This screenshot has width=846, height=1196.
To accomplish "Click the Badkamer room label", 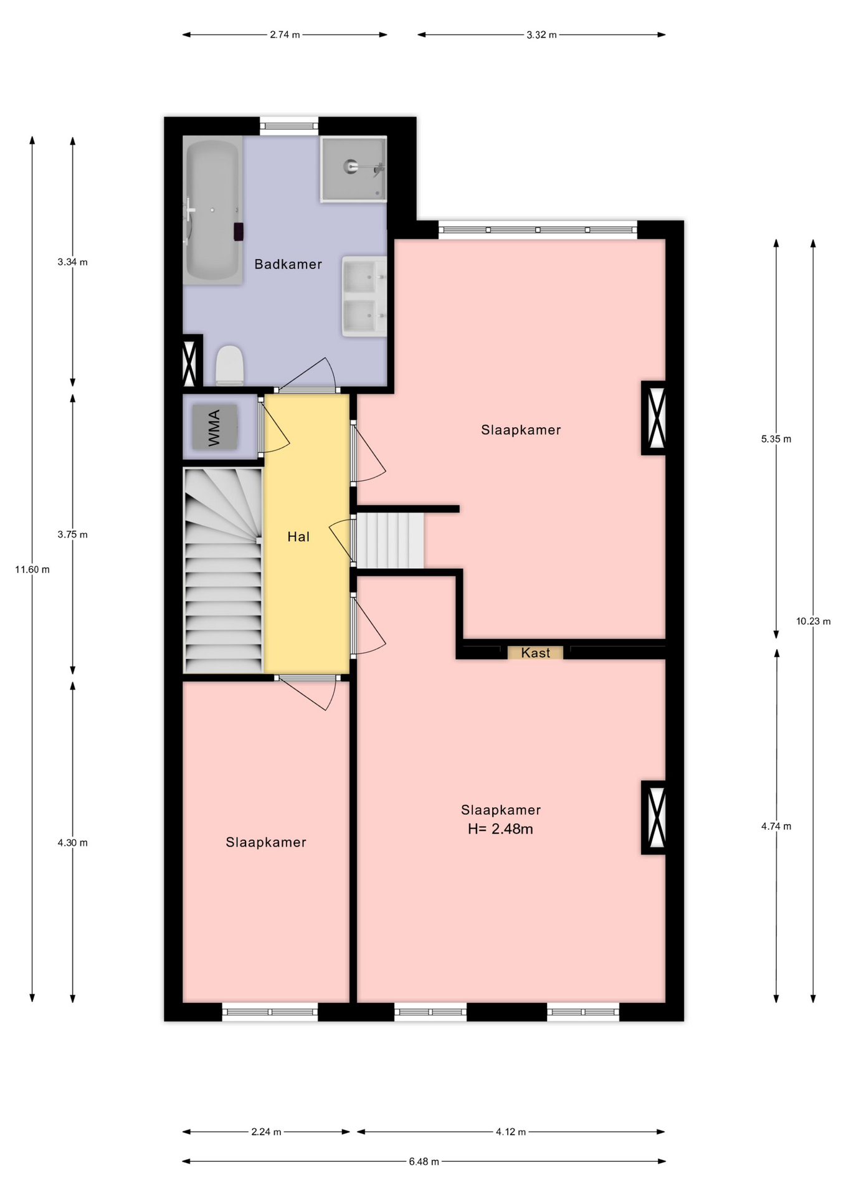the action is click(288, 264).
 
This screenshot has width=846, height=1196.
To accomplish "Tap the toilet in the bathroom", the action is click(229, 366).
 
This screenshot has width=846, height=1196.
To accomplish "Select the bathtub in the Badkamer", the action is click(212, 211).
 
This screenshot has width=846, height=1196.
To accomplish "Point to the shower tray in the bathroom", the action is click(353, 169).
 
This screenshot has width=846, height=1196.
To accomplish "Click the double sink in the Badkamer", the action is click(364, 296).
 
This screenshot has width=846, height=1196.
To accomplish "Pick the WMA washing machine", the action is click(214, 427).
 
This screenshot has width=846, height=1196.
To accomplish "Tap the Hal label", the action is click(298, 536).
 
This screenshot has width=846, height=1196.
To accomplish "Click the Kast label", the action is click(536, 653).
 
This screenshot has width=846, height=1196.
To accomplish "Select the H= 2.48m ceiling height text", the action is click(500, 829).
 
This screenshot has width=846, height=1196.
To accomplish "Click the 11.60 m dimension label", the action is click(32, 569).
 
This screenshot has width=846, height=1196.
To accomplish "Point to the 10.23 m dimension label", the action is click(813, 621).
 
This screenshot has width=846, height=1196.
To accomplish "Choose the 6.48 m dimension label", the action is click(424, 1161).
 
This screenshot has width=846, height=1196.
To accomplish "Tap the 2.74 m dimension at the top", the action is click(285, 35).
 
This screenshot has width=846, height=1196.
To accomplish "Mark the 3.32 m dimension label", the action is click(541, 35).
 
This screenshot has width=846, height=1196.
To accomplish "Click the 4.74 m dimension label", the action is click(776, 827).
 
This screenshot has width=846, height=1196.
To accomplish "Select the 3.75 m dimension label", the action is click(72, 534).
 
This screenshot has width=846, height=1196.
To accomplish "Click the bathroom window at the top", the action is click(289, 126).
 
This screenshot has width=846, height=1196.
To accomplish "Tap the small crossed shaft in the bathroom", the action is click(189, 361).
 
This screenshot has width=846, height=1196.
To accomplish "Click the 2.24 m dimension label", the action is click(266, 1132).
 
